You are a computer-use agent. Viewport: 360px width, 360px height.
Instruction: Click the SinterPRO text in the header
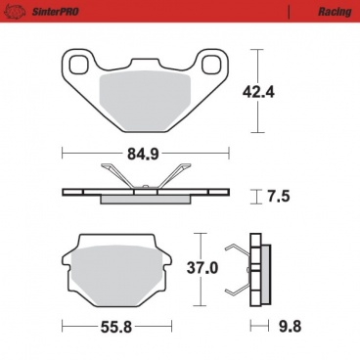click(x=38, y=9)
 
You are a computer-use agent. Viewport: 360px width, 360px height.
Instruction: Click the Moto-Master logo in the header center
click(x=180, y=9)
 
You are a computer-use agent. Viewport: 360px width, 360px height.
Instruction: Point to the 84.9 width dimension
click(x=145, y=152)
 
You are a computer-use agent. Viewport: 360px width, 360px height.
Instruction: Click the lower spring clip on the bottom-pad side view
click(x=238, y=288)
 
